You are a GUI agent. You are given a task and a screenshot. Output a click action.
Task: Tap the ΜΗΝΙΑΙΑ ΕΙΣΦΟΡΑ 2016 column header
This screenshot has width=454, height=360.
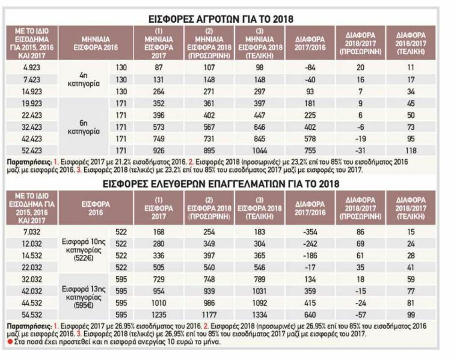coord(96,40)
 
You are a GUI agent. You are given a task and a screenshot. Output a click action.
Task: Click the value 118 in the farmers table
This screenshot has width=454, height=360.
coord(411,149)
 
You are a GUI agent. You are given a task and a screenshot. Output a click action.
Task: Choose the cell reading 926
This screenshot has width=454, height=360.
coord(159,149)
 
